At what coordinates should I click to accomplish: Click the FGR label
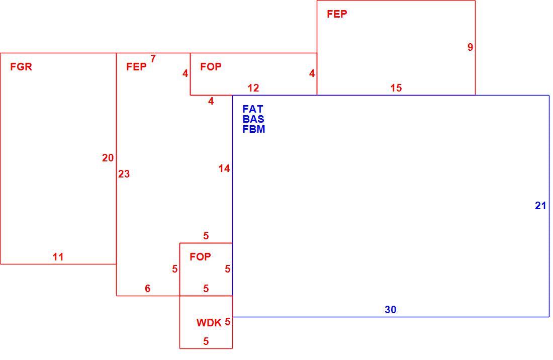pos(21,67)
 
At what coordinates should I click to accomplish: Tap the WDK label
pos(209,323)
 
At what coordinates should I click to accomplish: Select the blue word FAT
pos(253,109)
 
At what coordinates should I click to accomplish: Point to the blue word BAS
pos(253,119)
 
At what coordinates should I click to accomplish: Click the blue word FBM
pos(254,129)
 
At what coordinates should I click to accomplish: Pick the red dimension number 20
pos(108,158)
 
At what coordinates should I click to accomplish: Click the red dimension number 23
pos(124,174)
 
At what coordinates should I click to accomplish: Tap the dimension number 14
pos(224,168)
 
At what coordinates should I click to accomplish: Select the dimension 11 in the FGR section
pos(58,257)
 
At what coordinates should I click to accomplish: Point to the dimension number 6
pos(147,289)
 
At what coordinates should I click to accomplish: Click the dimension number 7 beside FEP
pos(153,59)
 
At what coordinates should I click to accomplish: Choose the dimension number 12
pos(253,88)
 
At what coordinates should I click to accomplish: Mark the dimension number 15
pos(396,88)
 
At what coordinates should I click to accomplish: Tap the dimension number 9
pos(470,47)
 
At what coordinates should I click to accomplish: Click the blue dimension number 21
pos(540,206)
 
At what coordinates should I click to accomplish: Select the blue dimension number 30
pos(391,310)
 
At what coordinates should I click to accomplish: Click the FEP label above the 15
pos(337,14)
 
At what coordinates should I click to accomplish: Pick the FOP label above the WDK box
pos(200,257)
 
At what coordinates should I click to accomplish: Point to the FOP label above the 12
pos(211,67)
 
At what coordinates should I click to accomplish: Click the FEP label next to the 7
pos(136,67)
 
